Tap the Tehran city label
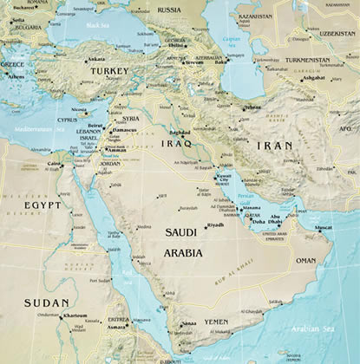(x=252, y=107)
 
